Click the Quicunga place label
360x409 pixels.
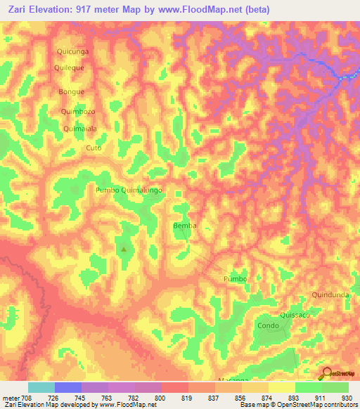click(72, 51)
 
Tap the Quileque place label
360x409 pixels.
click(71, 68)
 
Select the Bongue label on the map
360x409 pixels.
click(72, 92)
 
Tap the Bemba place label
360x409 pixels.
click(184, 226)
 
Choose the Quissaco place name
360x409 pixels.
click(295, 315)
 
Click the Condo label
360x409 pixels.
click(268, 326)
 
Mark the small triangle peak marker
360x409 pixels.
click(124, 248)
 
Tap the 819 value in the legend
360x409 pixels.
click(187, 398)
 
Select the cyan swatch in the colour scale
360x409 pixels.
click(41, 387)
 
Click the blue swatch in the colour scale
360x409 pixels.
click(68, 387)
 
